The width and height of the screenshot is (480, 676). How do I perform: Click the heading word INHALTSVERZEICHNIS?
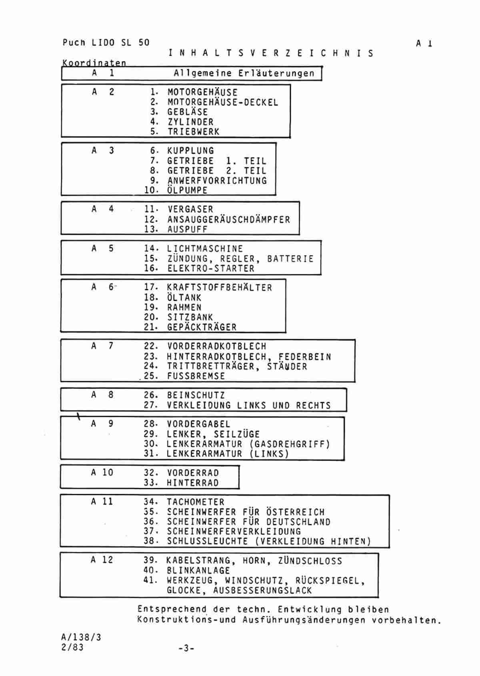(271, 53)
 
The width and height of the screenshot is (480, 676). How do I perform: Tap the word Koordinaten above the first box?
(94, 63)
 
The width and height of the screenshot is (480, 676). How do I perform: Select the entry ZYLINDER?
(190, 122)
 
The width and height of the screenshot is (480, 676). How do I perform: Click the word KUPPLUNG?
(190, 151)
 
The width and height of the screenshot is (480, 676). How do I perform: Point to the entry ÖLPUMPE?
(187, 190)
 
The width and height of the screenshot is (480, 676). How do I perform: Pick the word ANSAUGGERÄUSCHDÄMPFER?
(229, 219)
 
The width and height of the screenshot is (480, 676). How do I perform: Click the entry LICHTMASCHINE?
(205, 249)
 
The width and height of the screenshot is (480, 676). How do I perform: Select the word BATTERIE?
(290, 259)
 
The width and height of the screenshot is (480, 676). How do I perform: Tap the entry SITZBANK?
(190, 317)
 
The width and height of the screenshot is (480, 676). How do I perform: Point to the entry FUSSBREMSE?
(196, 376)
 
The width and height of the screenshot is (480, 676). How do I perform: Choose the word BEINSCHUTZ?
(196, 395)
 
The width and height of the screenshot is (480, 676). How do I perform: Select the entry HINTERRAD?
(193, 483)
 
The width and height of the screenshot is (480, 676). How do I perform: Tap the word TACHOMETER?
(196, 502)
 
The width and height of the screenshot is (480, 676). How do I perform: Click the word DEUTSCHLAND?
(298, 522)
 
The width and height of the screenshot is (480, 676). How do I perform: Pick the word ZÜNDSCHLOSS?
(310, 561)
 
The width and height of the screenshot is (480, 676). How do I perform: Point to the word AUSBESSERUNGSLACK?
(263, 590)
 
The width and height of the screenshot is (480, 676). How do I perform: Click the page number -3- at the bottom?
(186, 648)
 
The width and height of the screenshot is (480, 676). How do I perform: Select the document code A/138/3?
(81, 637)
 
